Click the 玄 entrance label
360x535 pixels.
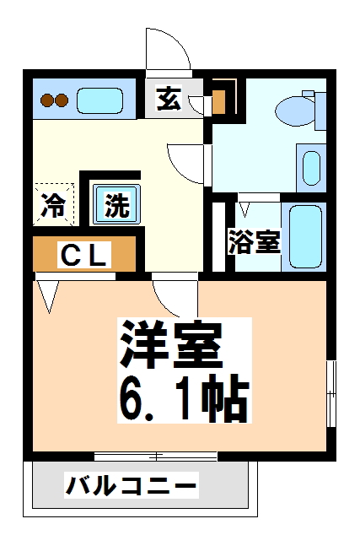coord(169,98)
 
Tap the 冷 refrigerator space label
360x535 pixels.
coord(53,205)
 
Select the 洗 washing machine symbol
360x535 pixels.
coord(117,205)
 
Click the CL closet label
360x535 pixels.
coord(83,254)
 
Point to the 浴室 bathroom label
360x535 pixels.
coord(254,241)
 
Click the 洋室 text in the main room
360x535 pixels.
coord(171,343)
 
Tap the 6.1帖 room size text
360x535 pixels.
coord(184,397)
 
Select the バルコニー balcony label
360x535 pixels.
coord(132,485)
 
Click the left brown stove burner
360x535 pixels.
coord(46,100)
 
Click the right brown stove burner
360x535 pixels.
coord(62,100)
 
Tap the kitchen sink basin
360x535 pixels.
coord(99,100)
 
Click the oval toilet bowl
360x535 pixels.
coord(296,111)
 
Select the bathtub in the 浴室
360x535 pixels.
coord(305,237)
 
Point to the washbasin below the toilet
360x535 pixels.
coord(311,168)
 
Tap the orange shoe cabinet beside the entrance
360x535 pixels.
coord(219,101)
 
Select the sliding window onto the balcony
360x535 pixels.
coord(156,457)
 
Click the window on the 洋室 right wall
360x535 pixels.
coord(331,393)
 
